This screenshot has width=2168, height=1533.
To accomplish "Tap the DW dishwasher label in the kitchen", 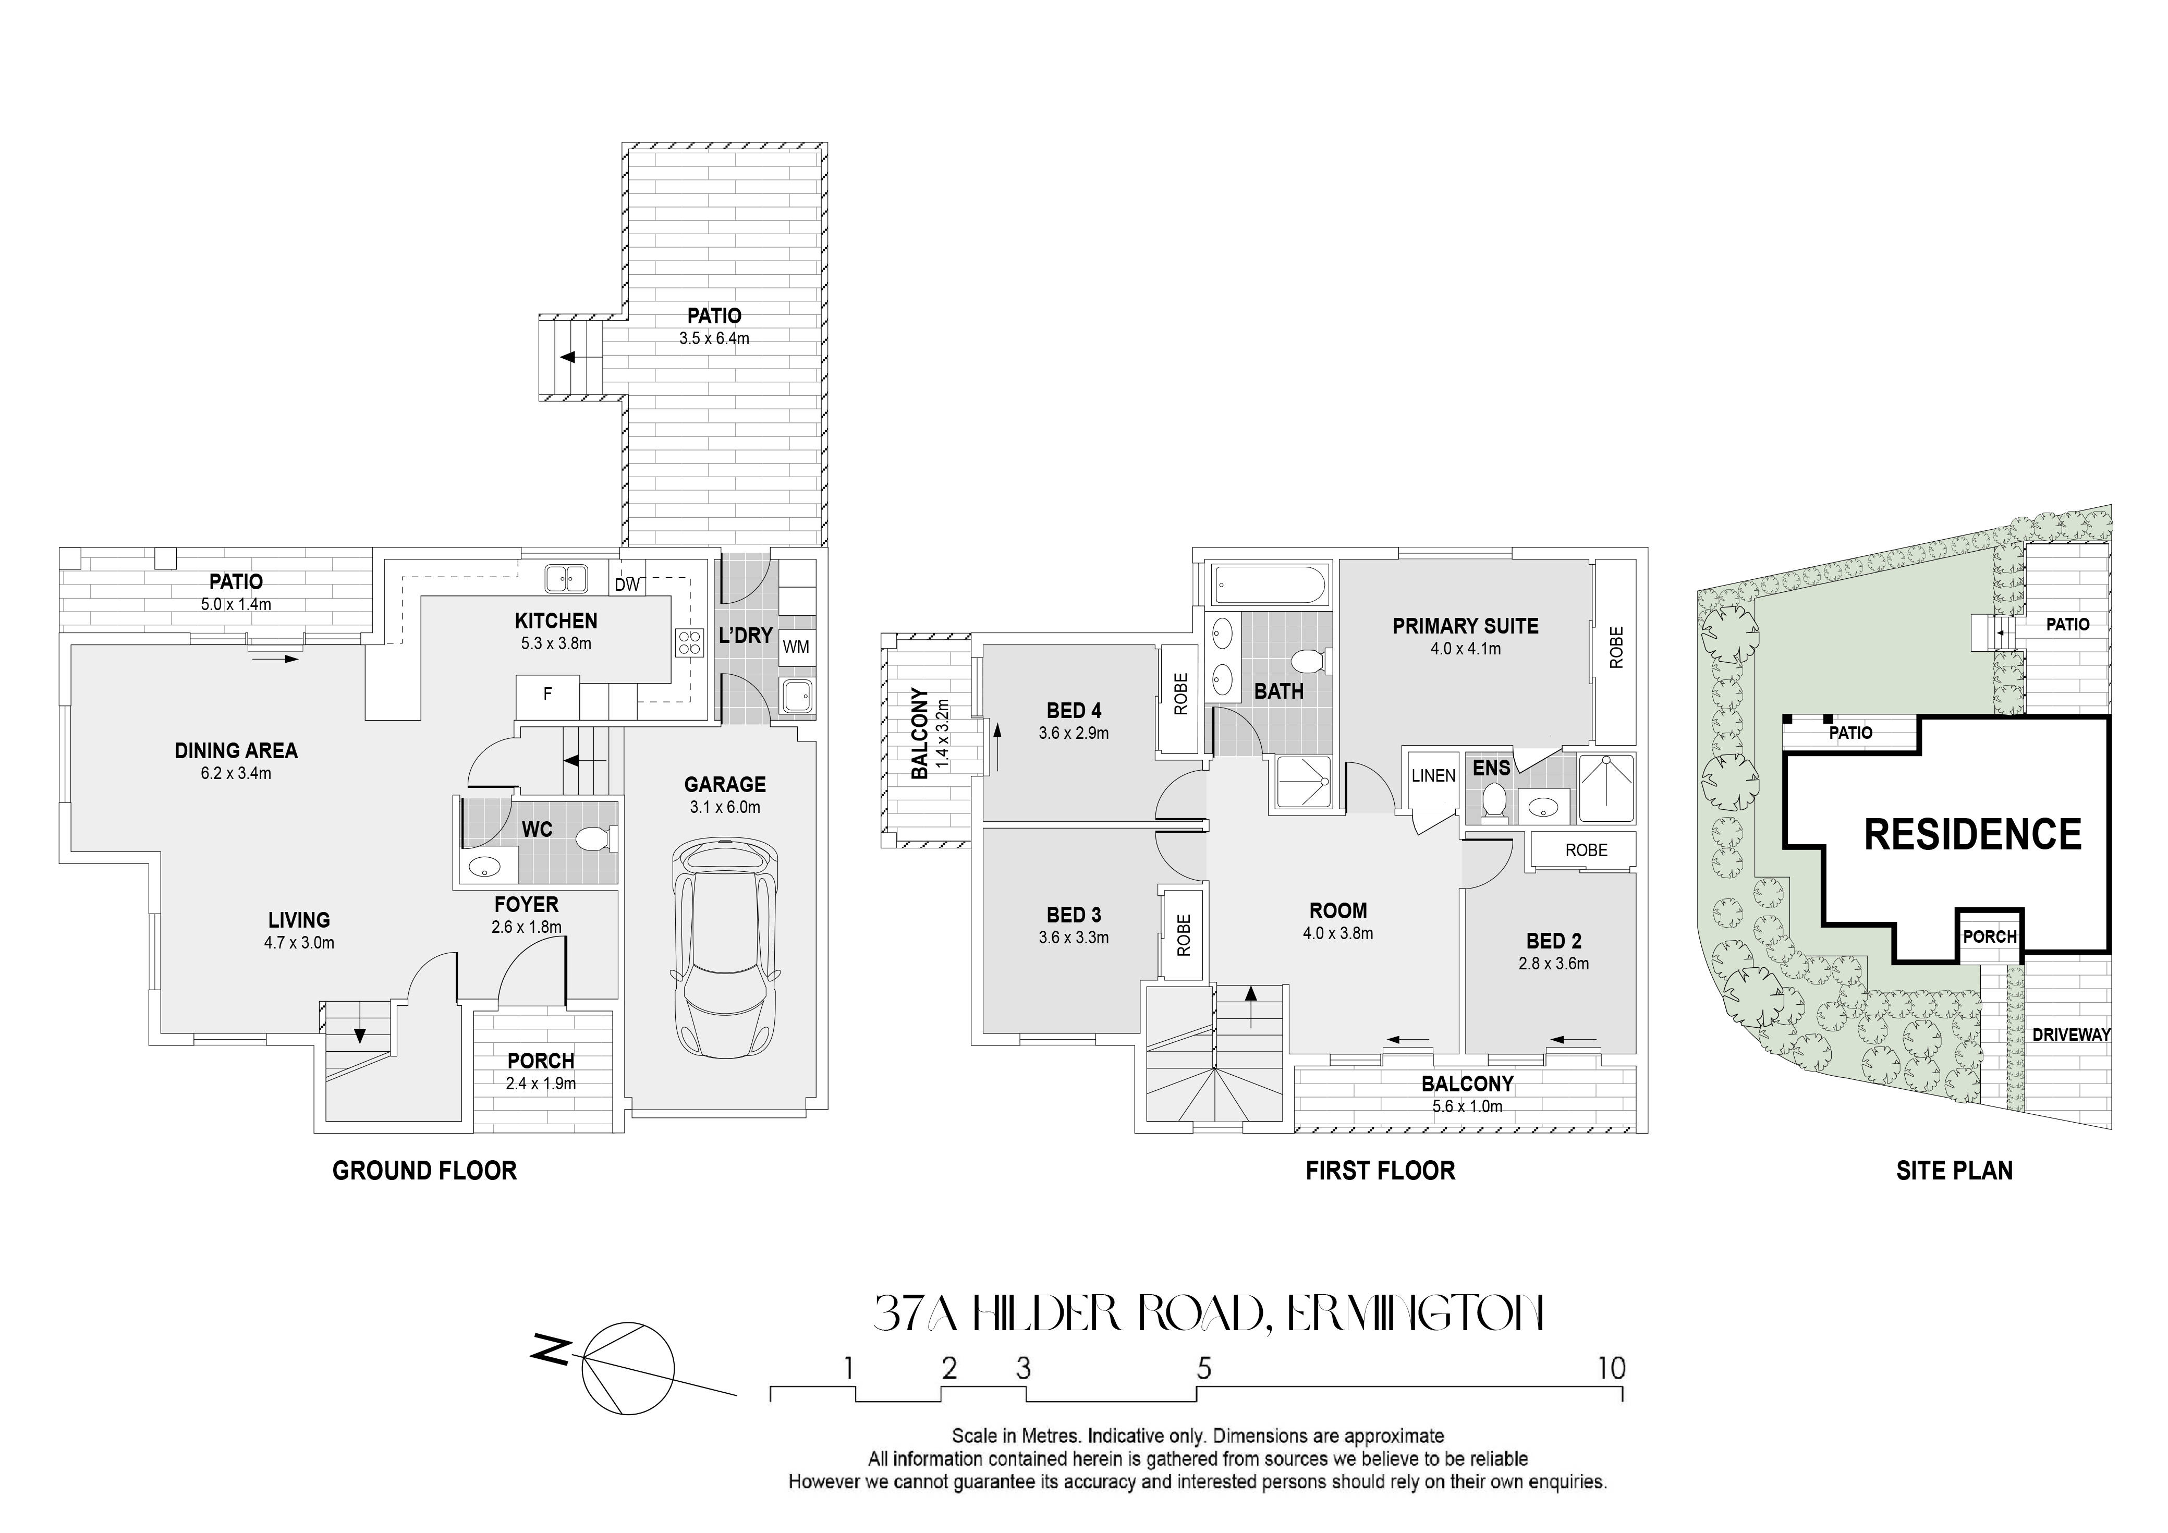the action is [x=627, y=585].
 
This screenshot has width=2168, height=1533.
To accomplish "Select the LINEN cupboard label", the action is [x=1433, y=775].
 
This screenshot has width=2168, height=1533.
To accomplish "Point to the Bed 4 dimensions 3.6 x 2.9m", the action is [x=1074, y=733].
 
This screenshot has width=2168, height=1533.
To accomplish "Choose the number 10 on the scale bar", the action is [x=1612, y=1368].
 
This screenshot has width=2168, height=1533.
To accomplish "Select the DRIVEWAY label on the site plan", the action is [x=2070, y=1035].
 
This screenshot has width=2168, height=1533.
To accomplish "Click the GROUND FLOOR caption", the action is [x=425, y=1171].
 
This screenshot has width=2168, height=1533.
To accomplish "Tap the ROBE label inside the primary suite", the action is [x=1616, y=648].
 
